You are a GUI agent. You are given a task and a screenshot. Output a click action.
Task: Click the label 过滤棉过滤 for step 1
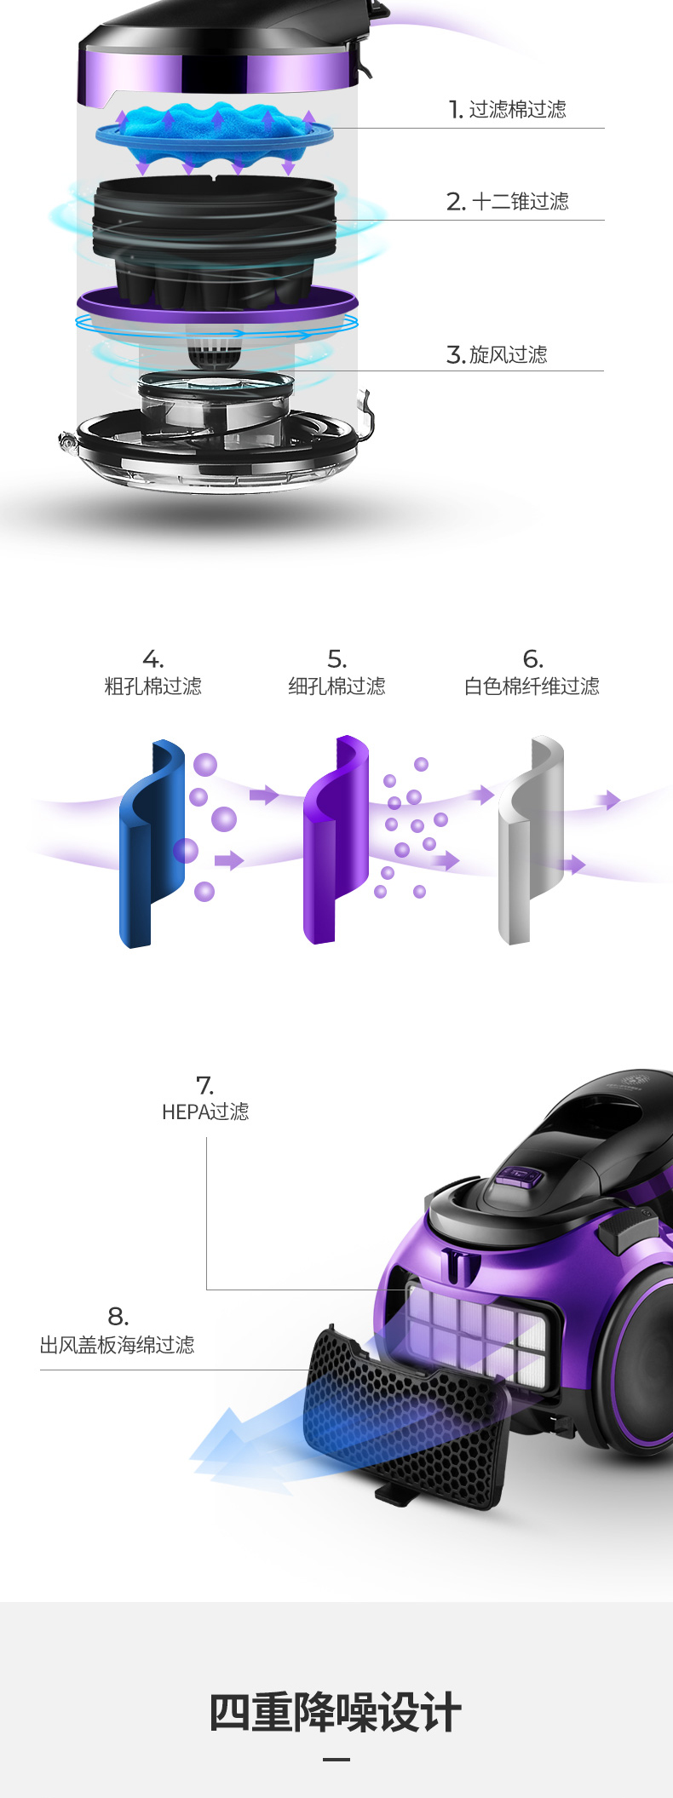[516, 110]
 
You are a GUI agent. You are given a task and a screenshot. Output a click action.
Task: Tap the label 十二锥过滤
[520, 202]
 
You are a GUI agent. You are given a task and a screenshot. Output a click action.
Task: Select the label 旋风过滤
[508, 354]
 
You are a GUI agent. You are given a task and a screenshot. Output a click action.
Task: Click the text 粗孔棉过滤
[153, 686]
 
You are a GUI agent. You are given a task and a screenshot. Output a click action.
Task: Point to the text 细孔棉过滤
[337, 686]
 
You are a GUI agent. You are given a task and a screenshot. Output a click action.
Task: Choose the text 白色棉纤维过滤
[532, 686]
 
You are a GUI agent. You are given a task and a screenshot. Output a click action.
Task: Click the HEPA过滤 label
[205, 1112]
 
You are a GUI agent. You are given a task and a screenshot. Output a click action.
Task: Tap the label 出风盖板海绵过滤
[118, 1345]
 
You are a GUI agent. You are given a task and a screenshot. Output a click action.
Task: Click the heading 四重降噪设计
[336, 1713]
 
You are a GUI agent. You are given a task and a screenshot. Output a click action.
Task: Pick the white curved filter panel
[530, 839]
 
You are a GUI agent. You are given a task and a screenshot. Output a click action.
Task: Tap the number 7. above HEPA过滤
[204, 1085]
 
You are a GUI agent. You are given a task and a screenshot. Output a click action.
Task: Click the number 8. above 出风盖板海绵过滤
[118, 1317]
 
